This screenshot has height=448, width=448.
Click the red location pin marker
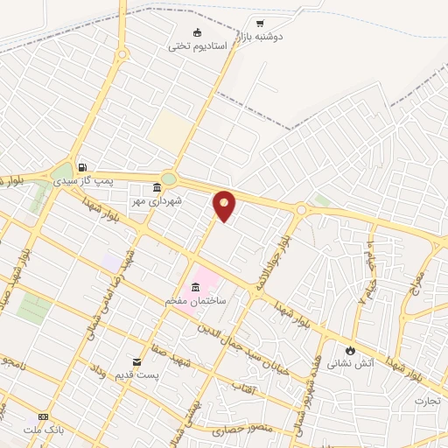point(225,206)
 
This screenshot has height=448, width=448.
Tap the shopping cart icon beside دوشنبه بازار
point(260,23)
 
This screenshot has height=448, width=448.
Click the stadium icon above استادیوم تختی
point(198,33)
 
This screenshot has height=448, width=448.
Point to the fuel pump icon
point(82,167)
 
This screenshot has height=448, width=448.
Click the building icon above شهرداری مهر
point(157,188)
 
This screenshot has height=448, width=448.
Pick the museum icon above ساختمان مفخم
point(195,288)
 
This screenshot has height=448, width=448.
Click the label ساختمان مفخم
point(197,301)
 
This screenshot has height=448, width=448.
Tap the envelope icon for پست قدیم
point(136,362)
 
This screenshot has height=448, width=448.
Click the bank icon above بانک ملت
point(43,416)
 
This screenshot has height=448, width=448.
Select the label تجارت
point(428,402)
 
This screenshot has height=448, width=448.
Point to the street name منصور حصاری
point(241,430)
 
